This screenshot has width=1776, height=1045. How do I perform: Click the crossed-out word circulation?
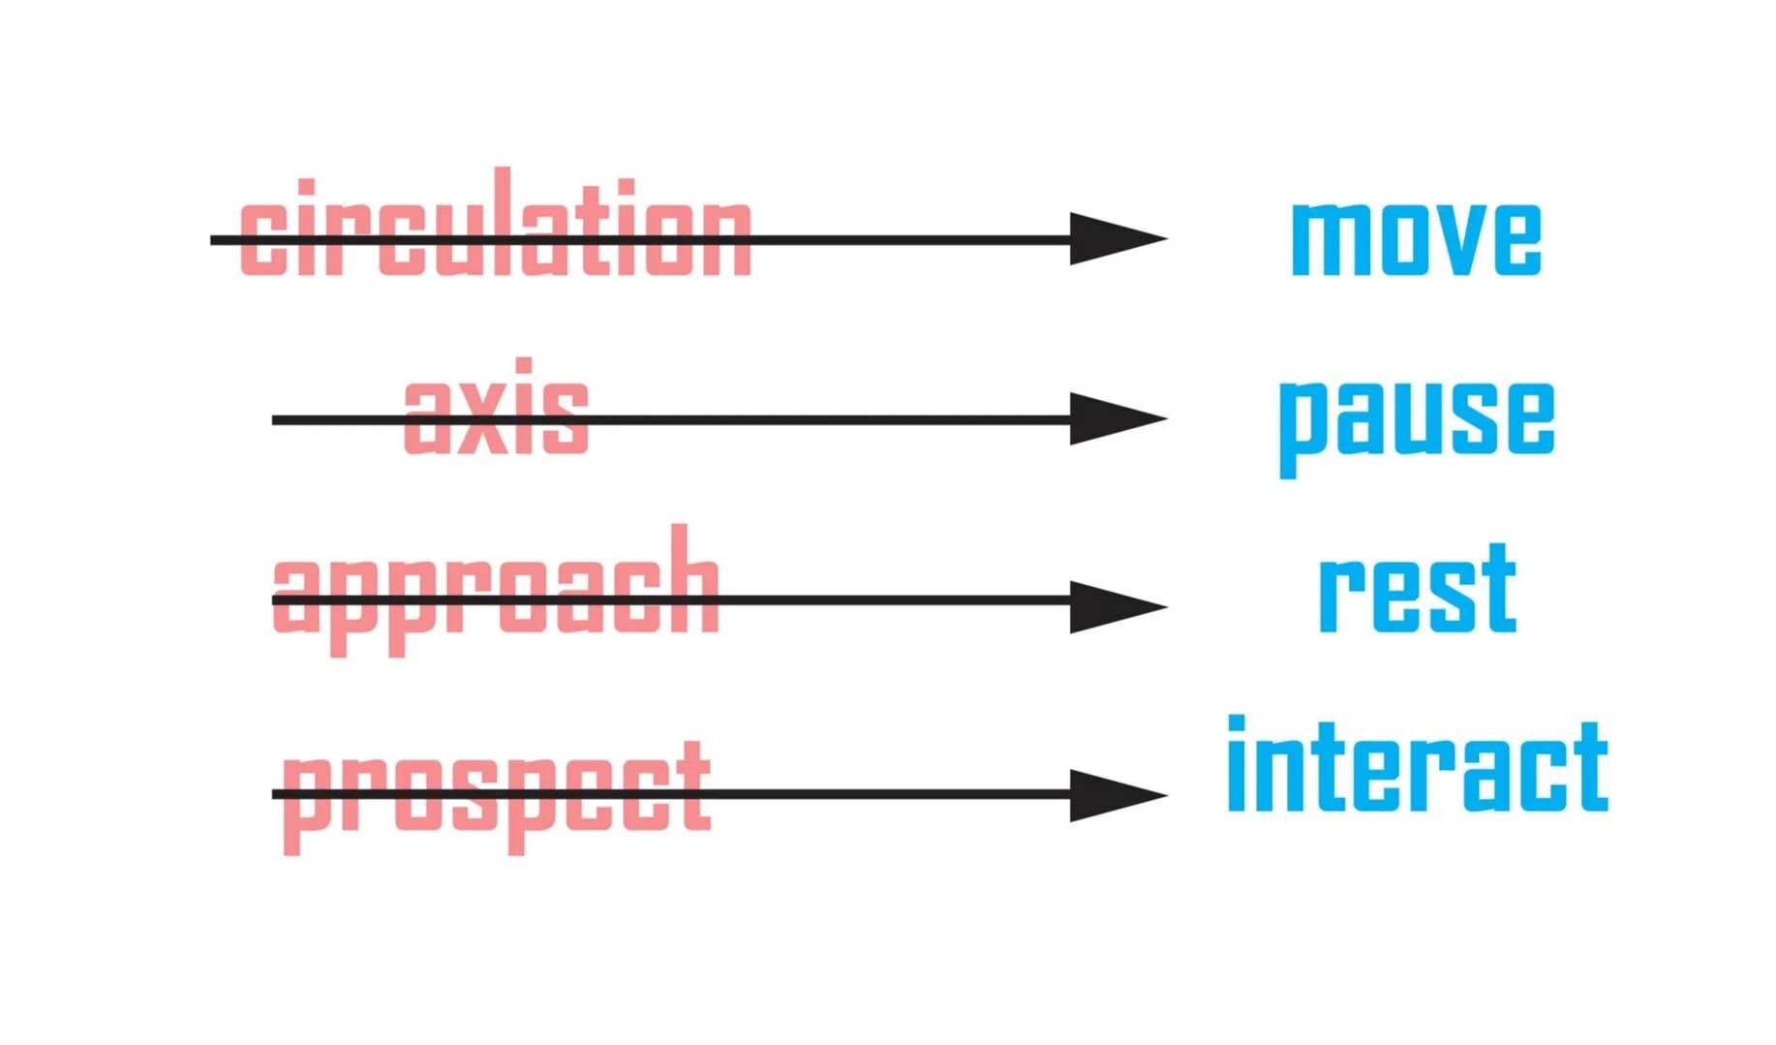496,223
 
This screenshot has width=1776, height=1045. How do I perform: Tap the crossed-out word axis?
496,406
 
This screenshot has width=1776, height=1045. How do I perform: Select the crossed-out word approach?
496,591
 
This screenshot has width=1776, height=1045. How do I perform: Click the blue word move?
1417,238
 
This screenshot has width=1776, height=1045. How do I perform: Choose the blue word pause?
1417,427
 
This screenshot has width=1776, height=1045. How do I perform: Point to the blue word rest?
1418,587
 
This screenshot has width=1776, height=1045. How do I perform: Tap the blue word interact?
1418,764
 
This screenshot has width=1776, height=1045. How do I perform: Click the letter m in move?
1332,239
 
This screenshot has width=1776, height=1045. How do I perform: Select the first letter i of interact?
1237,763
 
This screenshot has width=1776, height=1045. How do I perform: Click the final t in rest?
1495,587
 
